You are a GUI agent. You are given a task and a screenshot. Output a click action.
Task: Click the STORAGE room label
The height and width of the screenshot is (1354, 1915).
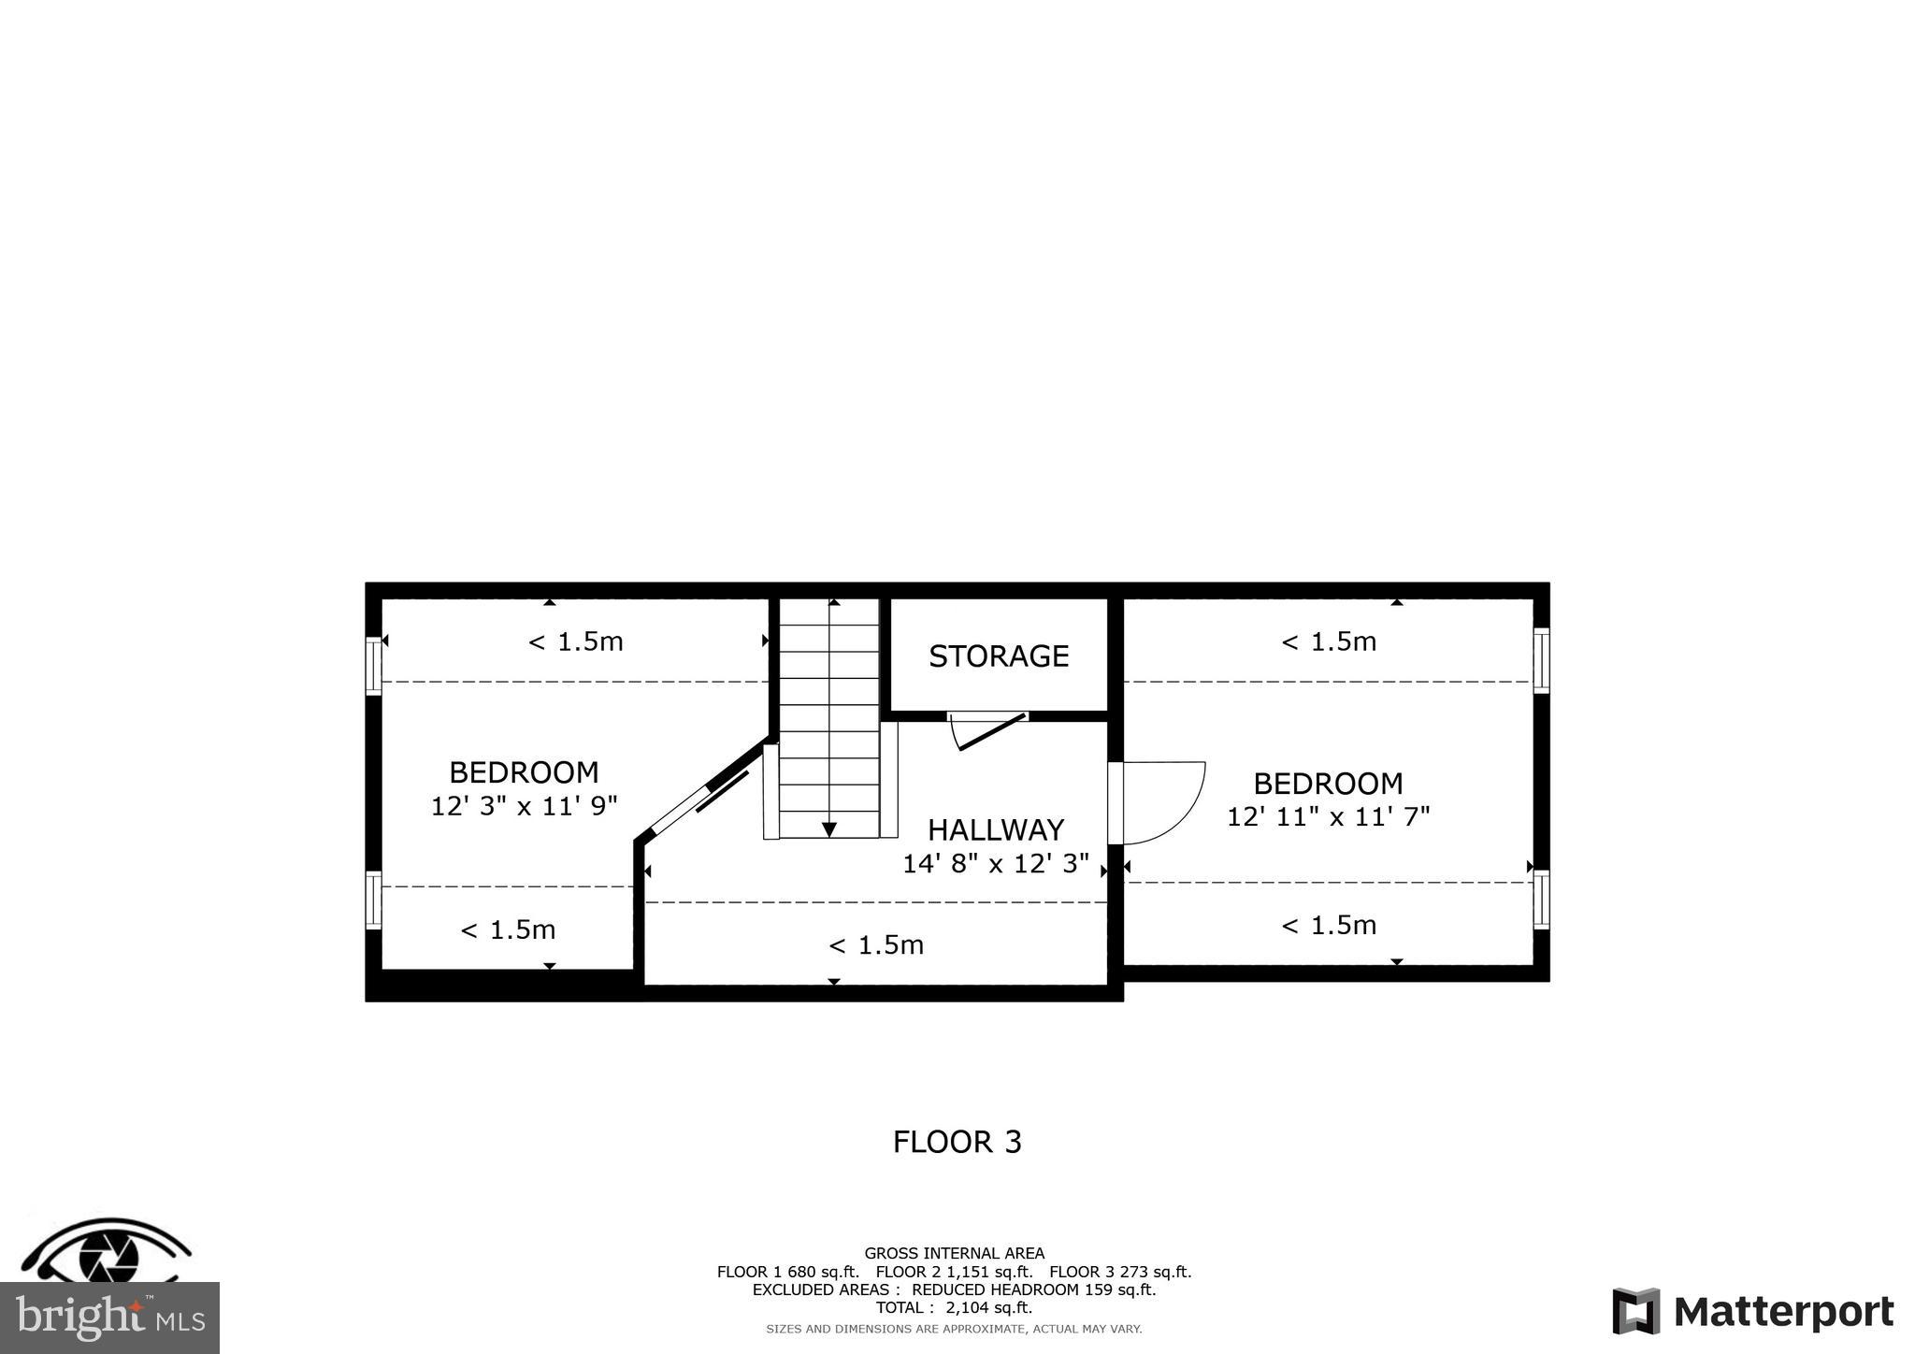pyautogui.click(x=998, y=656)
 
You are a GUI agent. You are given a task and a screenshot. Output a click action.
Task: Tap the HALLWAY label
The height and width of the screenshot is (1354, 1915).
pyautogui.click(x=995, y=830)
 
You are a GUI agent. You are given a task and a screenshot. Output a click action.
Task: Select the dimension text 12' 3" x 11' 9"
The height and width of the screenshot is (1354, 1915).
pyautogui.click(x=524, y=806)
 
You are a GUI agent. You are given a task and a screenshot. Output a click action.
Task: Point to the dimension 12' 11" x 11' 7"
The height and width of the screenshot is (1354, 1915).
pyautogui.click(x=1328, y=817)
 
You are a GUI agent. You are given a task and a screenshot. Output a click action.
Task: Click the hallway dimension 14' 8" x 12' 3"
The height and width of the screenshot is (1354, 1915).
pyautogui.click(x=995, y=864)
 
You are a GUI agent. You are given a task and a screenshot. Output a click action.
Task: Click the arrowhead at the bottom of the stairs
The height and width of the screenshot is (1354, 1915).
pyautogui.click(x=828, y=828)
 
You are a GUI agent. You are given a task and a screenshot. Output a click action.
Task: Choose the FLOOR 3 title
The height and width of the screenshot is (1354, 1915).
pyautogui.click(x=957, y=1143)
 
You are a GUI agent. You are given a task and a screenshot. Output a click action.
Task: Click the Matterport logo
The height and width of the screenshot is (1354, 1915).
pyautogui.click(x=1753, y=1311)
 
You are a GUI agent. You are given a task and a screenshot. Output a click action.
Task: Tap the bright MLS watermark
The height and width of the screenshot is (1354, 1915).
pyautogui.click(x=110, y=1318)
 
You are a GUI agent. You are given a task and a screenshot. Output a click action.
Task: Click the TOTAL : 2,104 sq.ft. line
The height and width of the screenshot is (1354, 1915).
pyautogui.click(x=953, y=1308)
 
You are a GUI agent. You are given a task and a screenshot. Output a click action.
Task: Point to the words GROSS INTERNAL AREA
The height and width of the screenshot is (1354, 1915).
pyautogui.click(x=954, y=1254)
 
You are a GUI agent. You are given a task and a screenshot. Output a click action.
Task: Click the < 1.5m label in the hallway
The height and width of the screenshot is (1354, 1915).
pyautogui.click(x=876, y=945)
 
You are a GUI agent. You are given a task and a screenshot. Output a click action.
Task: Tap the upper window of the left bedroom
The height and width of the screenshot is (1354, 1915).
pyautogui.click(x=373, y=666)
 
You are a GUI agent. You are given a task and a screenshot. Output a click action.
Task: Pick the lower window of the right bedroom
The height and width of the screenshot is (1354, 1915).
pyautogui.click(x=1540, y=900)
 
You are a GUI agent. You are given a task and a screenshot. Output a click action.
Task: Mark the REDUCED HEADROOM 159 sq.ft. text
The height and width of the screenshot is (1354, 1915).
pyautogui.click(x=1033, y=1290)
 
